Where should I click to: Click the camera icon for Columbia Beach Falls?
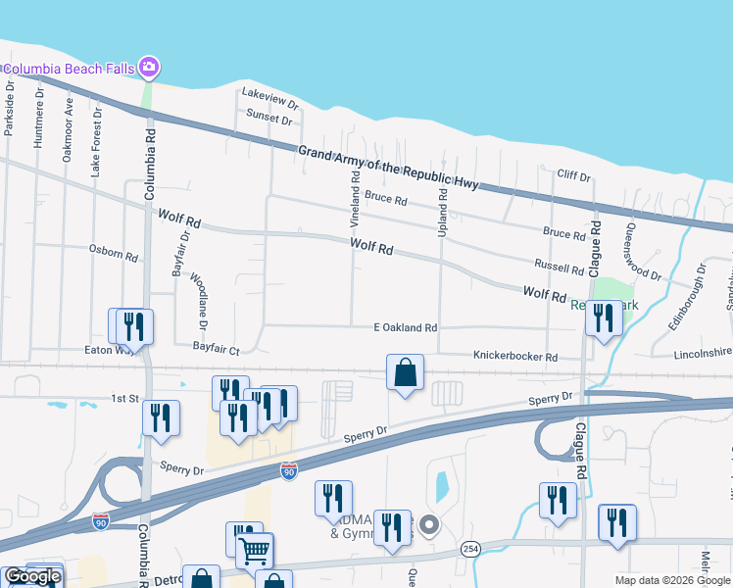click(149, 68)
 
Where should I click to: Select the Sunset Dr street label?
click(269, 118)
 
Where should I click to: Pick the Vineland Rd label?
click(356, 198)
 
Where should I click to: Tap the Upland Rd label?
click(443, 208)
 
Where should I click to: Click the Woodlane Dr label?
click(198, 299)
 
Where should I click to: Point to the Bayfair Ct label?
click(216, 349)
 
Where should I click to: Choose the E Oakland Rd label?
click(405, 327)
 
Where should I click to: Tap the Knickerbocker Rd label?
click(514, 357)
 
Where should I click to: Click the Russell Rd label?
click(559, 265)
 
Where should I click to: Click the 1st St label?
click(124, 399)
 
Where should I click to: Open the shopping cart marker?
click(254, 551)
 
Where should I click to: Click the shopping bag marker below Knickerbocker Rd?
click(405, 372)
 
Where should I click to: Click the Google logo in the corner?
click(32, 577)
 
